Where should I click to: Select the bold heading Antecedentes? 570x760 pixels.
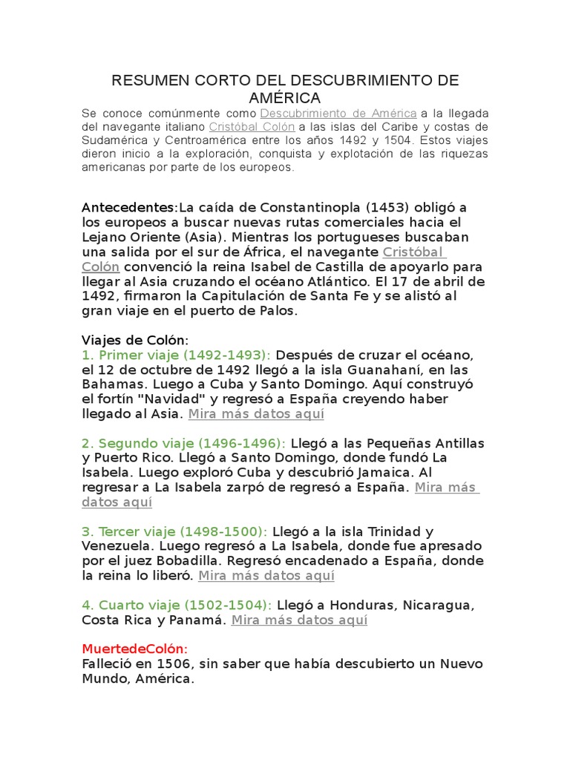(x=125, y=207)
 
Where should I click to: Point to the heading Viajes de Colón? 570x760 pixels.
(x=135, y=340)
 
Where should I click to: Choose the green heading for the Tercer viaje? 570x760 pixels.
(x=174, y=531)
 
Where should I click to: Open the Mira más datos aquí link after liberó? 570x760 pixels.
(x=266, y=576)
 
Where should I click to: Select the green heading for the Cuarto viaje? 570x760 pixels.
(x=177, y=605)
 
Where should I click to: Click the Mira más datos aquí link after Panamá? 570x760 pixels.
(x=299, y=620)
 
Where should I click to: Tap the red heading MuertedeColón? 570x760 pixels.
(x=135, y=649)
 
